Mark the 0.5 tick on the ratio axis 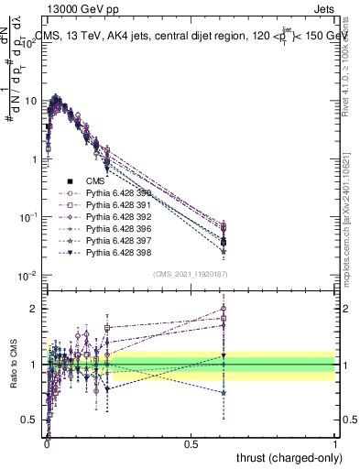click(x=33, y=420)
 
